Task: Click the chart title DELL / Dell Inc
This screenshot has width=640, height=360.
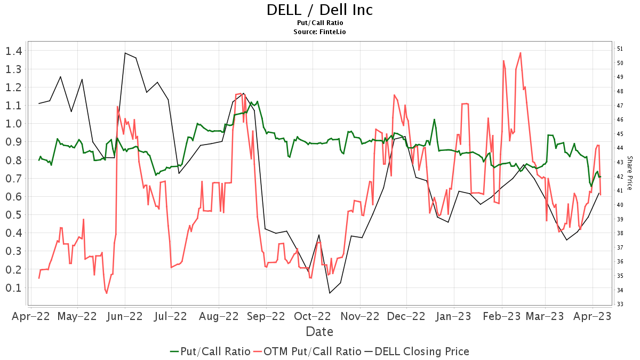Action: click(x=319, y=10)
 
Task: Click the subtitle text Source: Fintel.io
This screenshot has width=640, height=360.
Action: click(x=319, y=32)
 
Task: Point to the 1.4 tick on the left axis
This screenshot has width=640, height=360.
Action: click(x=14, y=51)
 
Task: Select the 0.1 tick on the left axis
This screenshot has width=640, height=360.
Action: click(x=14, y=288)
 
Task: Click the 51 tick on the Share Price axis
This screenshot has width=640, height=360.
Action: click(x=620, y=49)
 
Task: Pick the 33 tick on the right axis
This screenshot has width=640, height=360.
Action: click(x=620, y=305)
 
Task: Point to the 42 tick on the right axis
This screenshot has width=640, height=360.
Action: click(x=620, y=177)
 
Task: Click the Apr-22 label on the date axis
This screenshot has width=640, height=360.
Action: click(x=31, y=316)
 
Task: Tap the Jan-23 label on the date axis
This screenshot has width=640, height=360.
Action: click(x=454, y=316)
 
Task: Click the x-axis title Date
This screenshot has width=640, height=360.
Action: click(x=319, y=332)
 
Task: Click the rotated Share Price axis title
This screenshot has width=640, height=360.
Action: click(x=630, y=173)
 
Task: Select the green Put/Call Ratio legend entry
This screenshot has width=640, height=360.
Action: click(x=210, y=351)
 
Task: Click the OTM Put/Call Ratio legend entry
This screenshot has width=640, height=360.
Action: click(x=307, y=351)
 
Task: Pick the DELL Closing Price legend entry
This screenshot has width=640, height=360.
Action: click(x=417, y=351)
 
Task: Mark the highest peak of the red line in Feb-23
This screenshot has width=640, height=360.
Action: click(x=520, y=53)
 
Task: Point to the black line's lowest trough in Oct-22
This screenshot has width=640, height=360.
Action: click(x=330, y=293)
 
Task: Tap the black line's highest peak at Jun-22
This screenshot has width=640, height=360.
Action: click(x=125, y=53)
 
